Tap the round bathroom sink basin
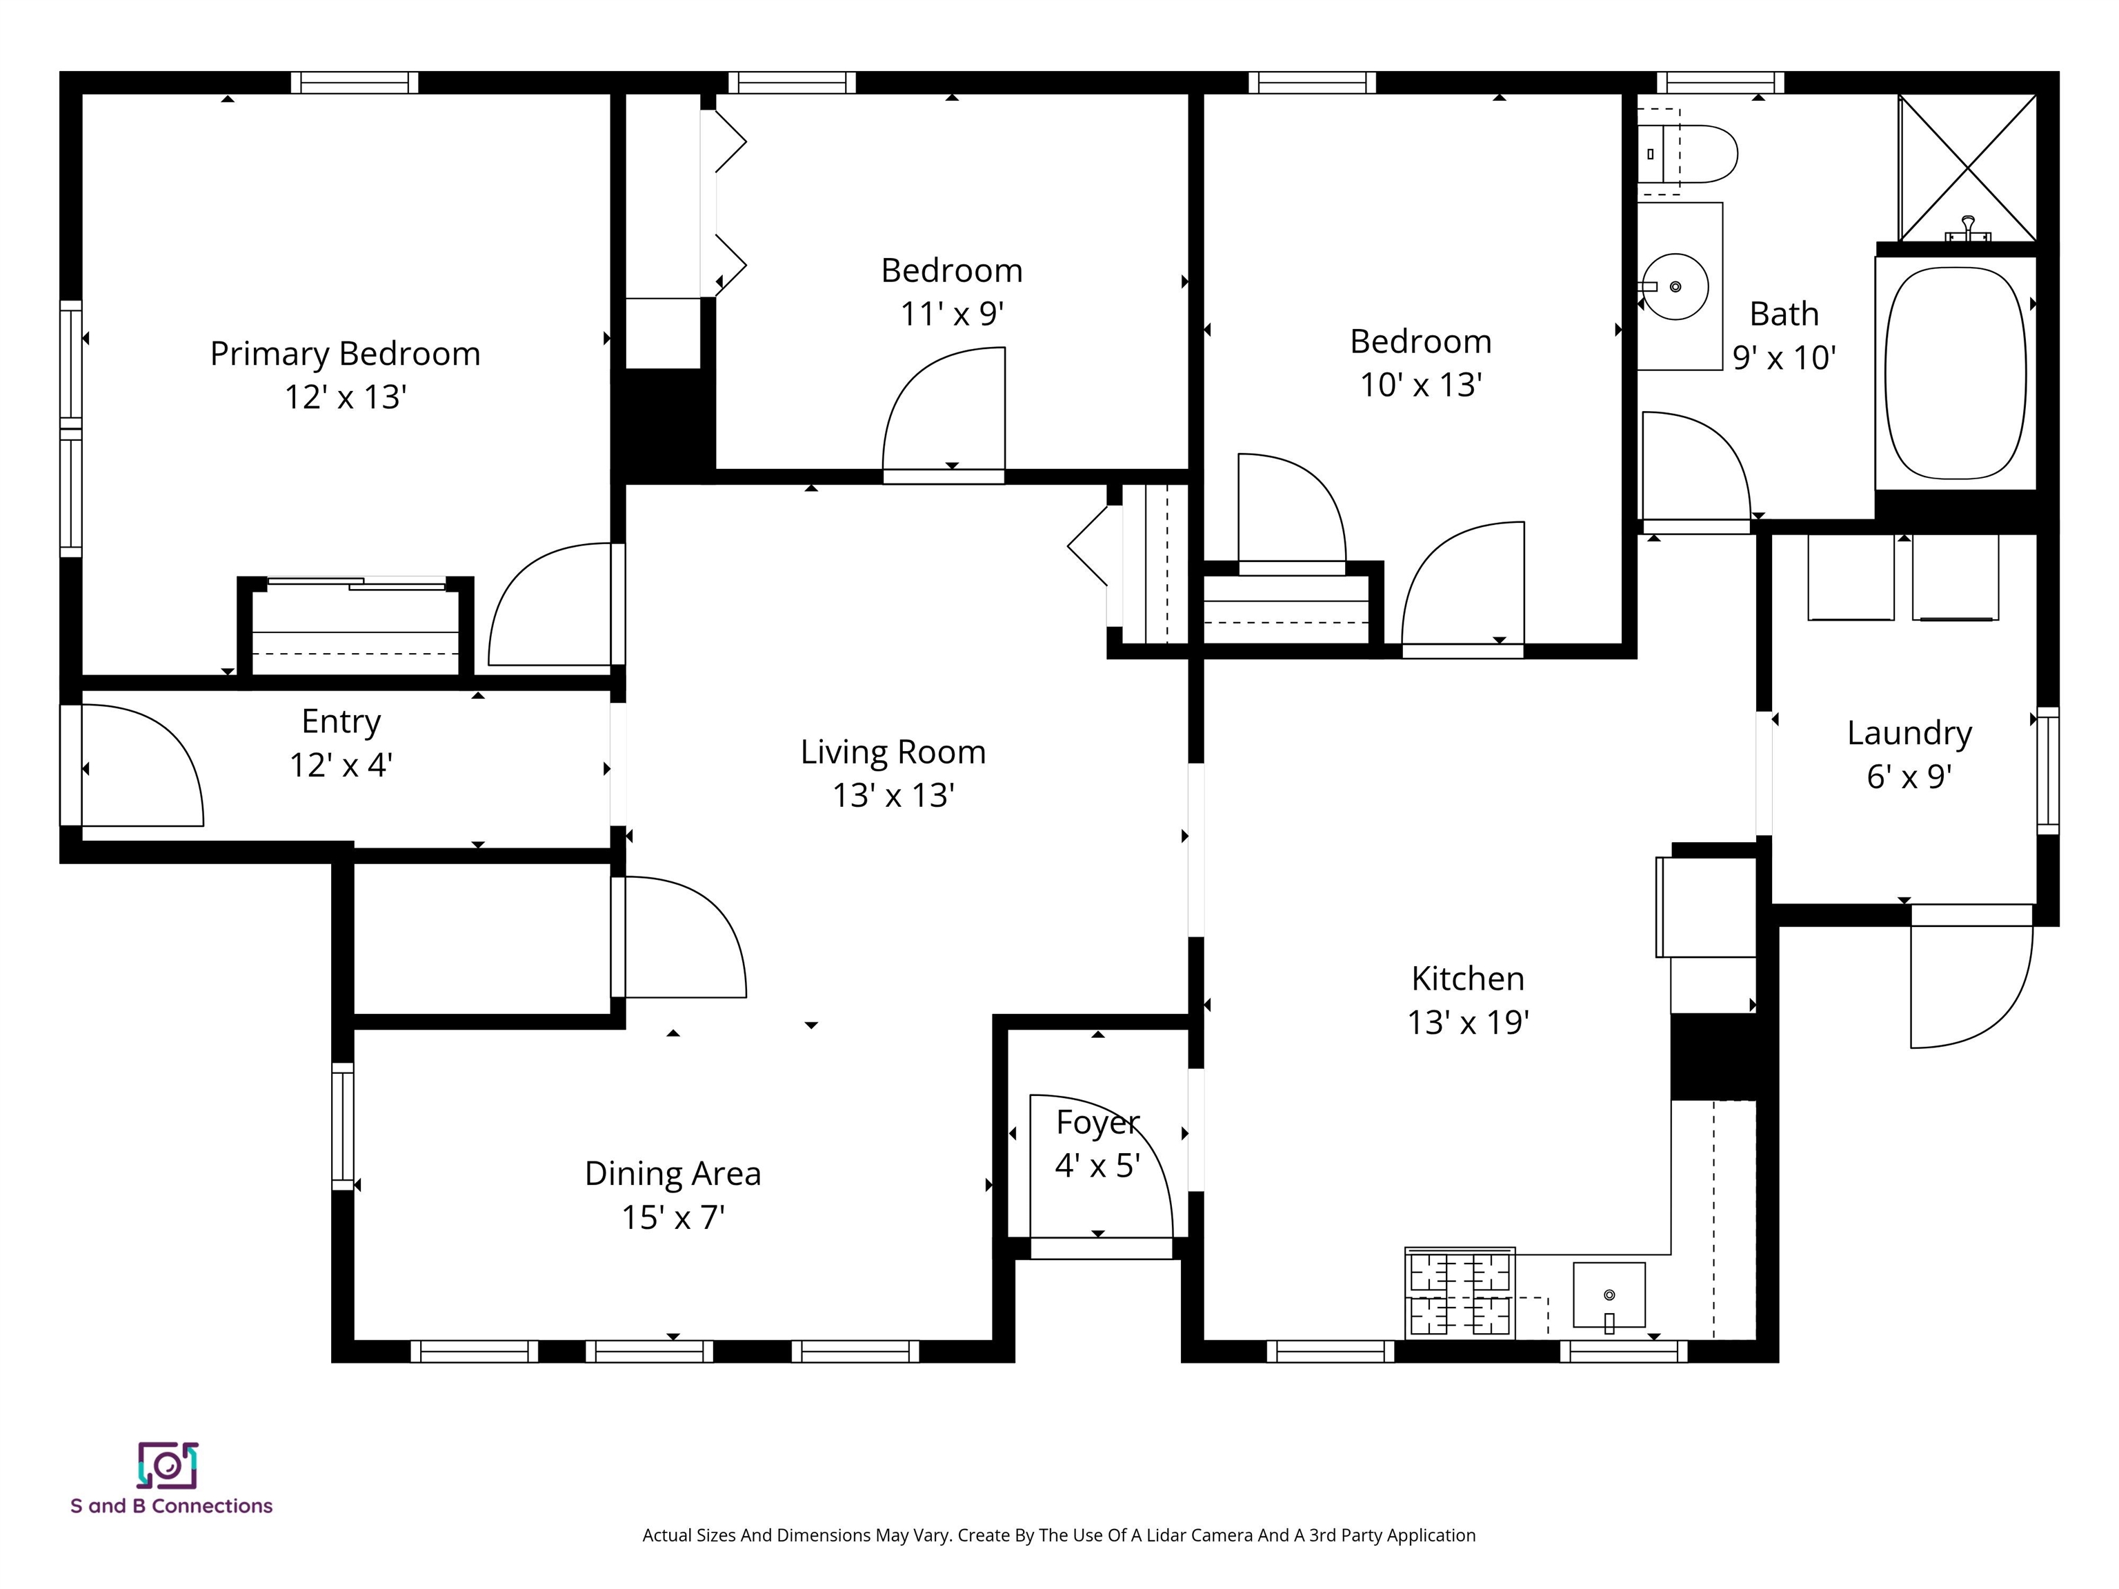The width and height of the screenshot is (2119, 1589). pos(1675,286)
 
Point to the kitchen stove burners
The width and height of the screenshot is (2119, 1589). pos(1459,1294)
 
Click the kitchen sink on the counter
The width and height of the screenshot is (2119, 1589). pos(1609,1295)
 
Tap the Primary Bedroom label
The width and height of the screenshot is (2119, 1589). pos(345,353)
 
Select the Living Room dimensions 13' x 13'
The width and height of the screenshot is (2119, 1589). pos(893,795)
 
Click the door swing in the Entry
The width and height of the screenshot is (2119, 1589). pos(143,766)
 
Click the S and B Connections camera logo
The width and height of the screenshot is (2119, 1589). pos(168,1466)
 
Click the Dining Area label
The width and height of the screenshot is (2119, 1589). pos(673,1173)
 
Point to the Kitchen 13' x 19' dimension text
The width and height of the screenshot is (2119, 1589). pos(1468,1022)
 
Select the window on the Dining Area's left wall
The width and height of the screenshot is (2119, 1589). pos(342,1126)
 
